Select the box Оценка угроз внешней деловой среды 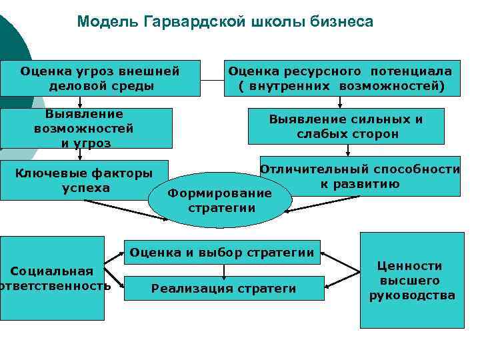(100, 78)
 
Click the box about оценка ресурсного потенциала (340, 78)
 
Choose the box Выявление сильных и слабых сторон (347, 127)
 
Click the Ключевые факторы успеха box (83, 180)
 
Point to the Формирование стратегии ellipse (220, 199)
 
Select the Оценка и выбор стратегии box (222, 253)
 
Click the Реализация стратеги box (224, 289)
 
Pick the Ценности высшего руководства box (412, 281)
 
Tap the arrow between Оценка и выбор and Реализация (224, 270)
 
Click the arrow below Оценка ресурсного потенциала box (341, 102)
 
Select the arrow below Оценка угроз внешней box (81, 102)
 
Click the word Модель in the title (107, 22)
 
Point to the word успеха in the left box (86, 188)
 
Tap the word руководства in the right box (413, 295)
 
